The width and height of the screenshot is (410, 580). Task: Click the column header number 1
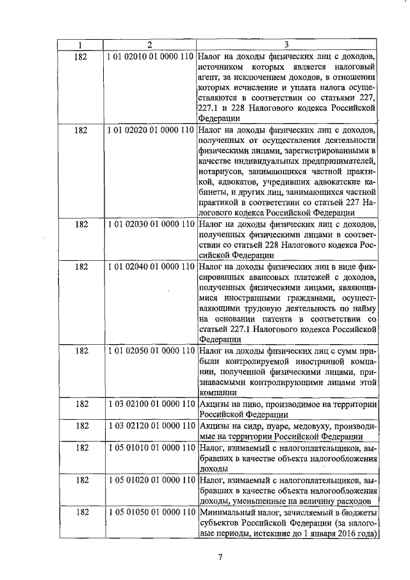coord(81,45)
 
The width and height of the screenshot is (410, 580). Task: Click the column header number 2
coord(150,45)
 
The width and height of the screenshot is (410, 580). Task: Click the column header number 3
coord(286,45)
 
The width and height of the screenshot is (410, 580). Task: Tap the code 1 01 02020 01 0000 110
coord(150,130)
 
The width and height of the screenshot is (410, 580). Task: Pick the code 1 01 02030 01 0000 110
coord(150,225)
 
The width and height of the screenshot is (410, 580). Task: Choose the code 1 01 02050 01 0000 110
coord(150,351)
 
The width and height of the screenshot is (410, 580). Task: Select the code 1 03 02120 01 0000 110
coord(150,426)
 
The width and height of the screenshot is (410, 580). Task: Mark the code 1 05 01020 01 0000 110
coord(150,479)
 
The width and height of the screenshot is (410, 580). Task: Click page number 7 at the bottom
coord(220,557)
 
